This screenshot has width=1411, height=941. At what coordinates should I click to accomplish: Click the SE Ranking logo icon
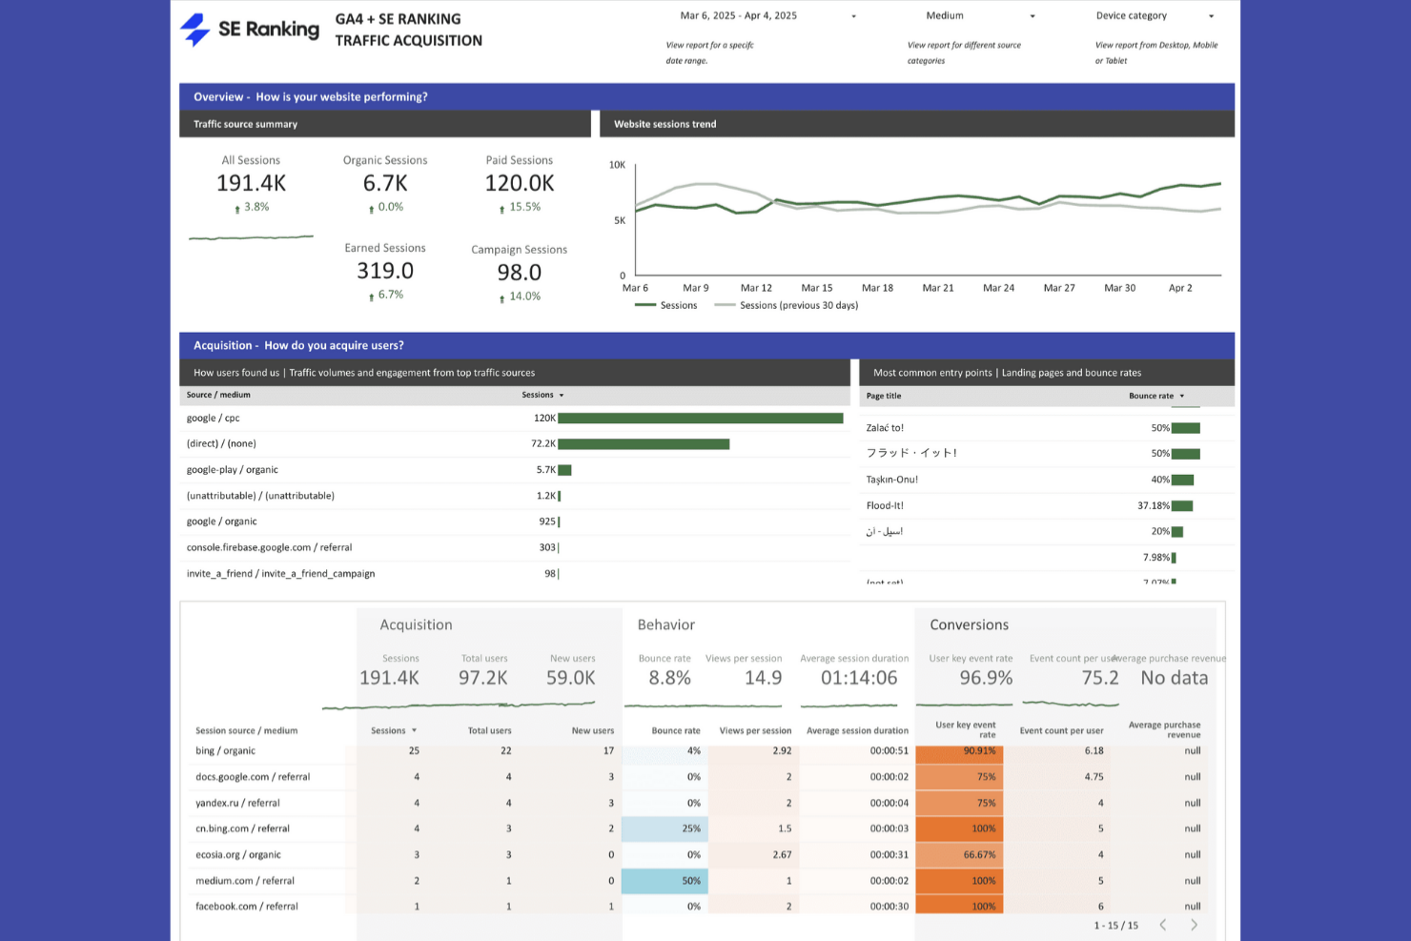[x=195, y=30]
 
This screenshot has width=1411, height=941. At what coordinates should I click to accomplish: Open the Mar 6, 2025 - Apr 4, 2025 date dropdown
[x=767, y=16]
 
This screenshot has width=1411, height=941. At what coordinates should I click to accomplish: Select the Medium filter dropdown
[x=980, y=16]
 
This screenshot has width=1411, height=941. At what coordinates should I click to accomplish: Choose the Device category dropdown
[x=1155, y=16]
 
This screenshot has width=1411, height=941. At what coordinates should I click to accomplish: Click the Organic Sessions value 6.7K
[x=385, y=183]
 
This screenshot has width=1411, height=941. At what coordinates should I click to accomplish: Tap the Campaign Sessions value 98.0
[x=519, y=273]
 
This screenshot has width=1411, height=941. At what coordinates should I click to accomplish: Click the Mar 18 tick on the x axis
[x=877, y=288]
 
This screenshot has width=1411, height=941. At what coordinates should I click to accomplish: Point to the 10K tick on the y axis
[x=617, y=165]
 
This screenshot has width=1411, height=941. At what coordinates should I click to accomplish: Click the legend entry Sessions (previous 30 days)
[x=798, y=306]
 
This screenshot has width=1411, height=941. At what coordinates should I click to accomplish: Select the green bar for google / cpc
[x=700, y=419]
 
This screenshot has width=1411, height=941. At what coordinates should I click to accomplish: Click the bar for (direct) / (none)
[x=644, y=444]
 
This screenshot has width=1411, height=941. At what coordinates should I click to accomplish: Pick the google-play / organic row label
[x=233, y=470]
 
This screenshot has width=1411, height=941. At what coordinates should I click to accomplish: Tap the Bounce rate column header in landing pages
[x=1151, y=396]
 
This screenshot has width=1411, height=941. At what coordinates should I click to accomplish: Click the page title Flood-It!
[x=885, y=506]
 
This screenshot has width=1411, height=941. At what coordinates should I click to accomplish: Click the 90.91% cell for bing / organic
[x=959, y=751]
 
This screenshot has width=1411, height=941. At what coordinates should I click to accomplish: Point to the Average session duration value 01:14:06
[x=859, y=678]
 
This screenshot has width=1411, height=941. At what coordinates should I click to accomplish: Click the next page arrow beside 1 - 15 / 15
[x=1194, y=925]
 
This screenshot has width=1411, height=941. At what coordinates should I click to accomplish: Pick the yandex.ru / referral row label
[x=237, y=803]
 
